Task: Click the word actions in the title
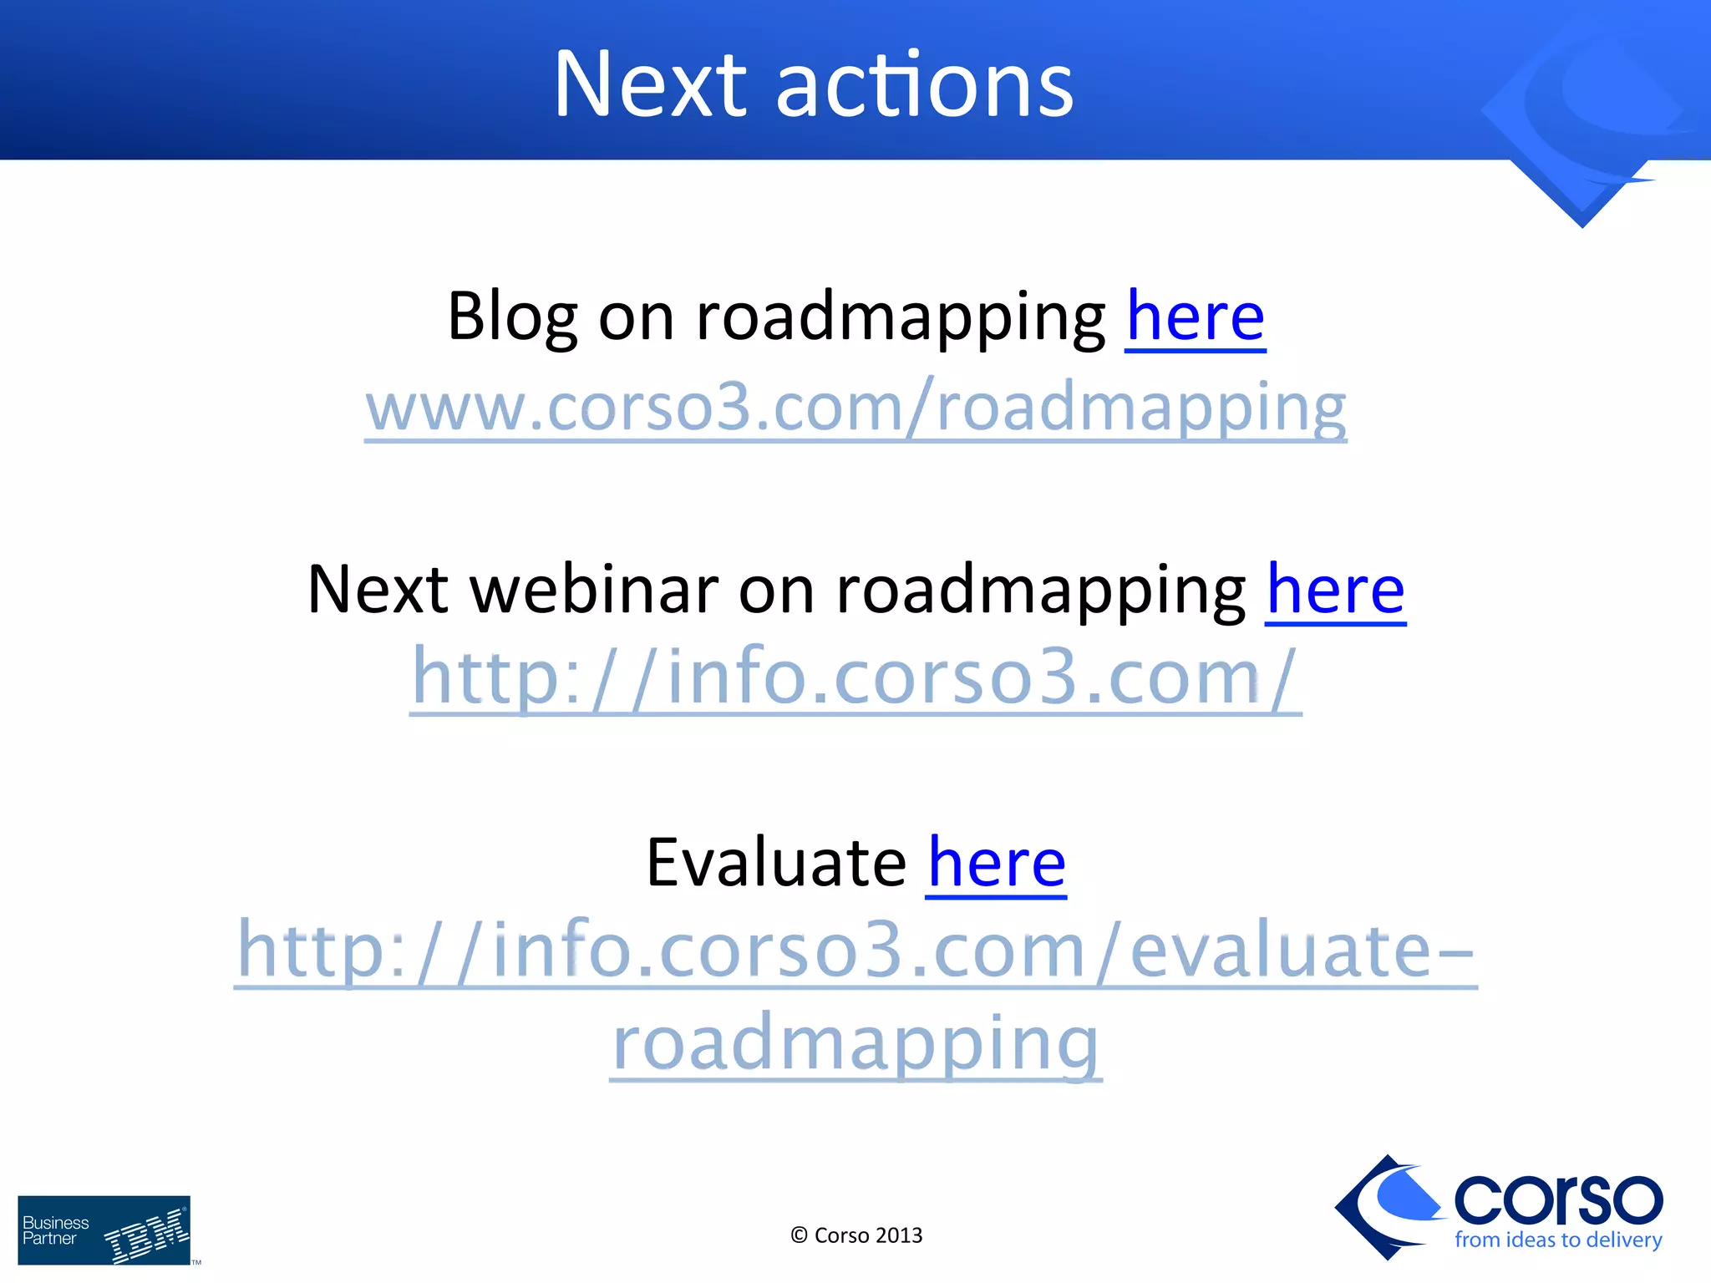tap(925, 84)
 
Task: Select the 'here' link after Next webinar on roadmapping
tap(1335, 590)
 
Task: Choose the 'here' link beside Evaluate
tap(996, 863)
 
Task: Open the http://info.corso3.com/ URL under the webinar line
tap(855, 678)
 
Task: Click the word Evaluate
tap(775, 863)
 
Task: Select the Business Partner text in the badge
tap(55, 1230)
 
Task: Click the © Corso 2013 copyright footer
tap(855, 1235)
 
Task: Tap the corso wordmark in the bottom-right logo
tap(1557, 1199)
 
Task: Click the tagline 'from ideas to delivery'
tap(1557, 1240)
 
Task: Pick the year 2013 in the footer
tap(899, 1235)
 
